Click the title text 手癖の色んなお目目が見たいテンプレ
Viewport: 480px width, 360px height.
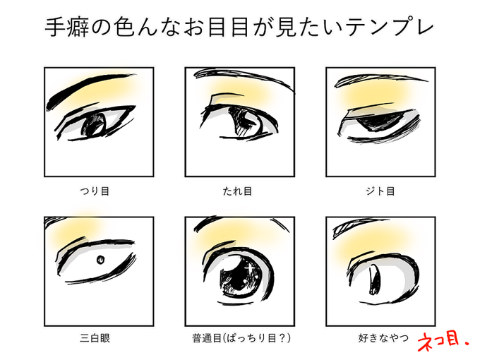[x=240, y=29]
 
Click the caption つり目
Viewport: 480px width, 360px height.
[x=98, y=191]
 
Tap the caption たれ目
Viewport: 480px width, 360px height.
[x=240, y=191]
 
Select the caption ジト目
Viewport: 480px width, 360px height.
[x=380, y=191]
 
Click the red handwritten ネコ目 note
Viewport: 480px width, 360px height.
[x=442, y=338]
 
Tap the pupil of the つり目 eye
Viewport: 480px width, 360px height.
[x=93, y=126]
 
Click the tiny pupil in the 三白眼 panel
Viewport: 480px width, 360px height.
[x=100, y=259]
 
